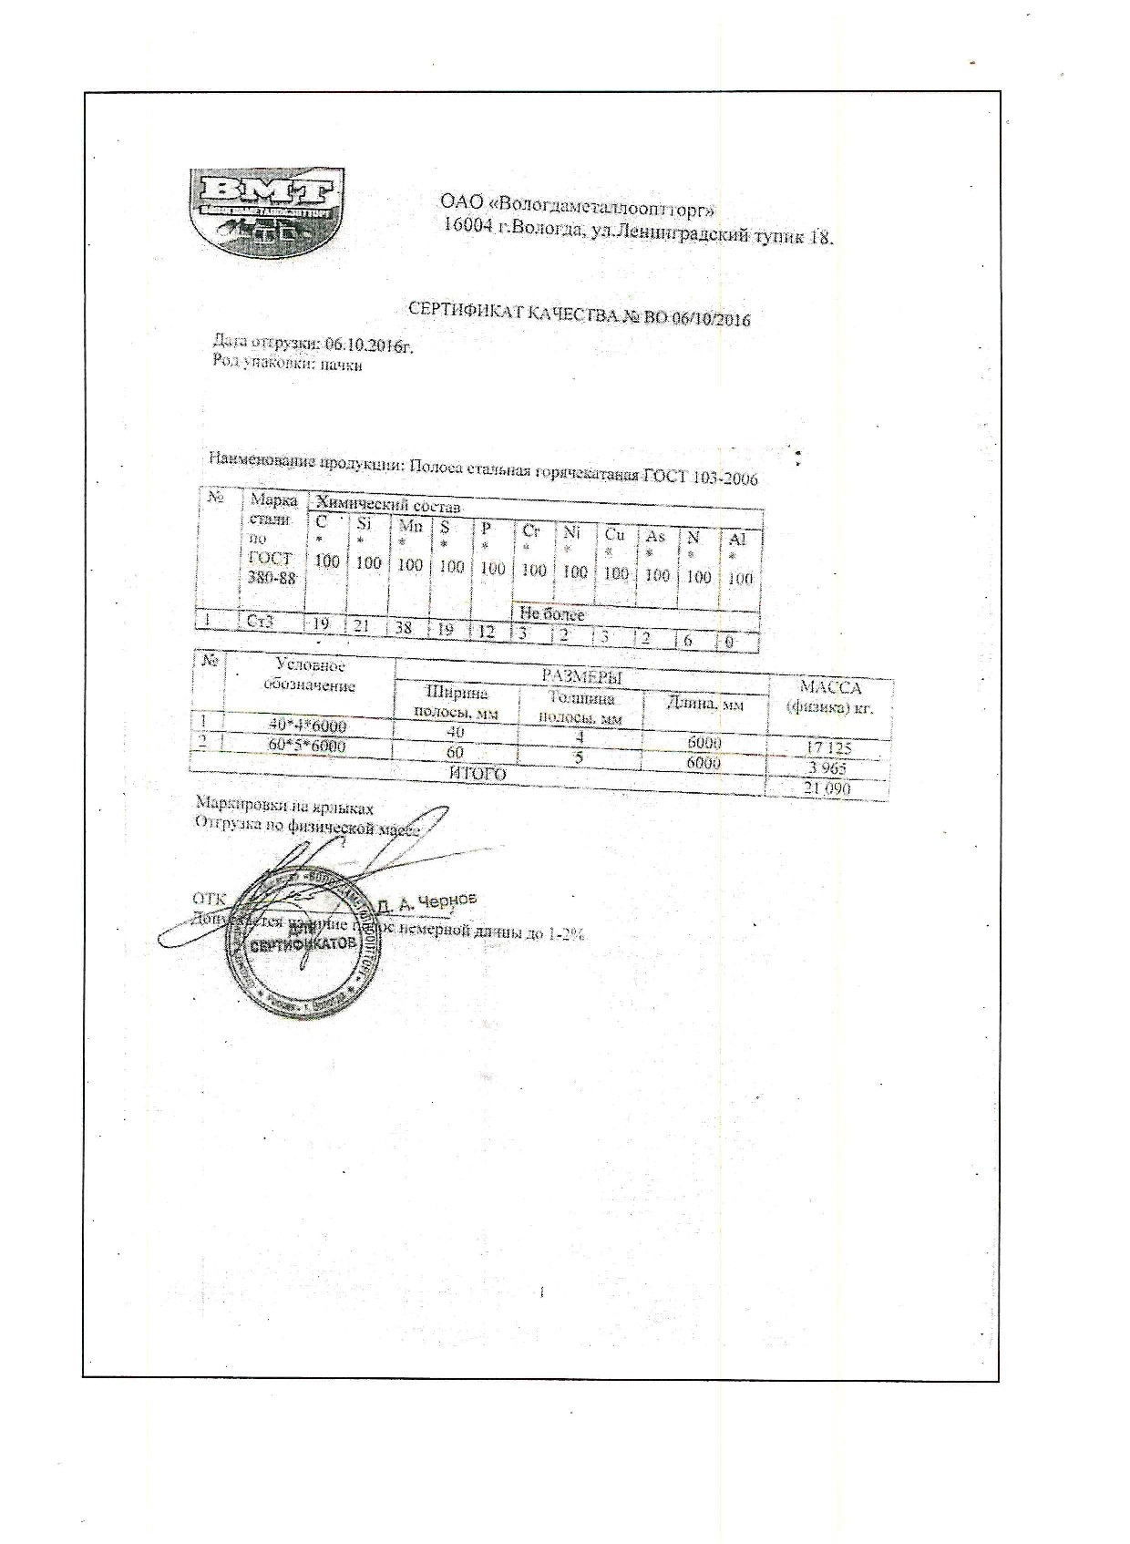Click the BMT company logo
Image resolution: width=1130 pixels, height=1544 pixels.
266,209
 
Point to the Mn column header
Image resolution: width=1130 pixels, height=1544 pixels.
409,525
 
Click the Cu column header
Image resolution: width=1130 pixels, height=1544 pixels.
615,535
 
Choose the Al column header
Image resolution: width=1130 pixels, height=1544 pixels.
738,539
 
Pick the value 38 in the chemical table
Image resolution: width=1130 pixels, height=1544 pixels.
404,628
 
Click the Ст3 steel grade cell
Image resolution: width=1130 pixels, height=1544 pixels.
260,623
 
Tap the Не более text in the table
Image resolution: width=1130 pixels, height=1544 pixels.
551,614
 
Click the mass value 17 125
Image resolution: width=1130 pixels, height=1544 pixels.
828,748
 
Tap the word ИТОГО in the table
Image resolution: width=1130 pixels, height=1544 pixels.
478,774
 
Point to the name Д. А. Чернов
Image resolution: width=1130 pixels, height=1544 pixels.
426,902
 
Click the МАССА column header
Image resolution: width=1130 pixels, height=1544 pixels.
829,688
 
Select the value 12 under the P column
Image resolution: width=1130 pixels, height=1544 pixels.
488,631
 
